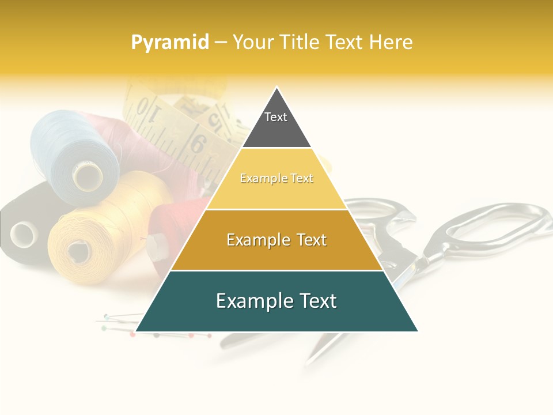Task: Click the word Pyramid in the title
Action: click(x=169, y=43)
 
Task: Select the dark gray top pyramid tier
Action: click(x=276, y=124)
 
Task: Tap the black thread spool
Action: click(x=20, y=231)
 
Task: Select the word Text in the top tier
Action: click(x=276, y=117)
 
